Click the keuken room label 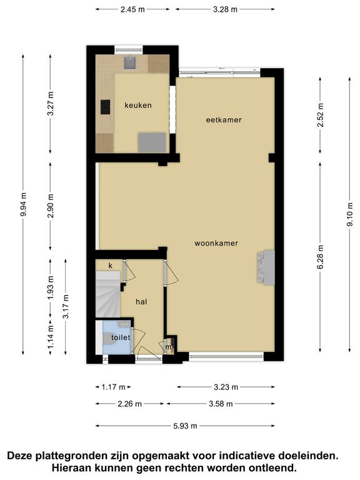[137, 105]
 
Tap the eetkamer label [224, 120]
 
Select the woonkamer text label [216, 243]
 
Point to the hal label [141, 302]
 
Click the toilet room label [121, 337]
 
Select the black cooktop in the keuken [105, 107]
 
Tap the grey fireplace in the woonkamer [266, 267]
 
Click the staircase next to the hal [108, 294]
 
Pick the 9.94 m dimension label [24, 204]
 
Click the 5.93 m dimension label [185, 426]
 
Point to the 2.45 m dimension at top [132, 9]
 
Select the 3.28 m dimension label [225, 9]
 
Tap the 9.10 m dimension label [350, 214]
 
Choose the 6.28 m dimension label [320, 257]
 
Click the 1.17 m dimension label [114, 387]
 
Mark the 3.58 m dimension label [221, 404]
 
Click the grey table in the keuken [152, 142]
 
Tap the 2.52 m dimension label [320, 115]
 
